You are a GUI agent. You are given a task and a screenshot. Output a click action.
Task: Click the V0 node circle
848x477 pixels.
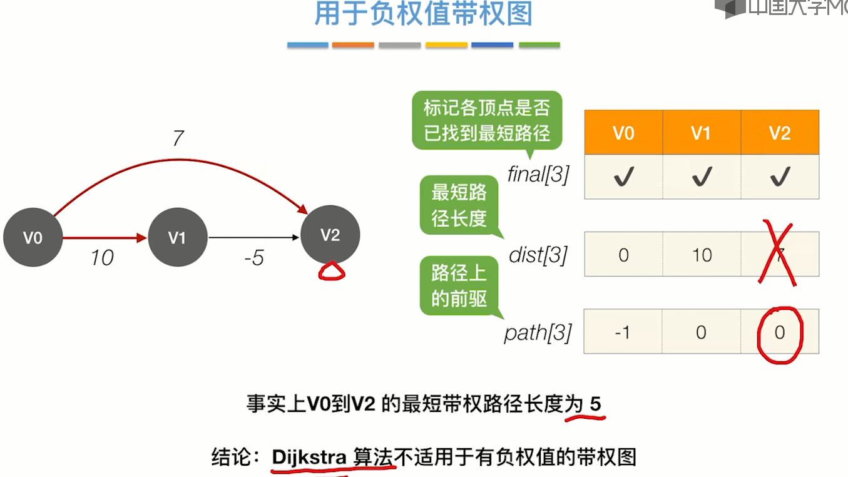pos(33,238)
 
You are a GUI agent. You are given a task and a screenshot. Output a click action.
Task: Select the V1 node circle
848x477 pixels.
pos(178,238)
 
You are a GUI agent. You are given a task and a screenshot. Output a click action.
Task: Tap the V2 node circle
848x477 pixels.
pos(330,235)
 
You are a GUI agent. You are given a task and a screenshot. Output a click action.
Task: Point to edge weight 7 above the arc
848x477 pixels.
pos(178,138)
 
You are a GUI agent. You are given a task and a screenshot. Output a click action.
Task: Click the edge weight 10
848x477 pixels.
pos(102,257)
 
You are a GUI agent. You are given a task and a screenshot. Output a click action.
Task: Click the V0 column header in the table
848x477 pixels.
pos(623,133)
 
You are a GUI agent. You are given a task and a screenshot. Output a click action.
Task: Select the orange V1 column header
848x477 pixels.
pos(702,133)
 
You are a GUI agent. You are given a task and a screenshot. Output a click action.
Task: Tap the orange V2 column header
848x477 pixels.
pos(780,133)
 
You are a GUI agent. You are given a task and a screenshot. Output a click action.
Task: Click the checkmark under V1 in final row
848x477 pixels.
pos(702,178)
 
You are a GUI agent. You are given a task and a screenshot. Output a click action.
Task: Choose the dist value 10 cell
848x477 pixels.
pos(702,255)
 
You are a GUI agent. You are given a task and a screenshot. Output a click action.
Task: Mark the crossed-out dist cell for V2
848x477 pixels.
pos(780,255)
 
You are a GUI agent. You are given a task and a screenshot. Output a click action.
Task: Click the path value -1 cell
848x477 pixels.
pos(623,332)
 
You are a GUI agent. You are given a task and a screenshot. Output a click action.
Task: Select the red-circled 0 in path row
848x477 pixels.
pos(780,332)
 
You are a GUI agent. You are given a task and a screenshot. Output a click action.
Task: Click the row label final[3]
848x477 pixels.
pos(538,175)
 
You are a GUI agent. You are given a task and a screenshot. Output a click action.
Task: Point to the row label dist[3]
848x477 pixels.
pos(538,255)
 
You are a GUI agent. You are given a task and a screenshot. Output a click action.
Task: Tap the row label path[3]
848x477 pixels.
pos(538,332)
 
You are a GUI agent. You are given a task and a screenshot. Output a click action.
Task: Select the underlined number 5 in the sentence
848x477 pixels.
pos(595,404)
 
